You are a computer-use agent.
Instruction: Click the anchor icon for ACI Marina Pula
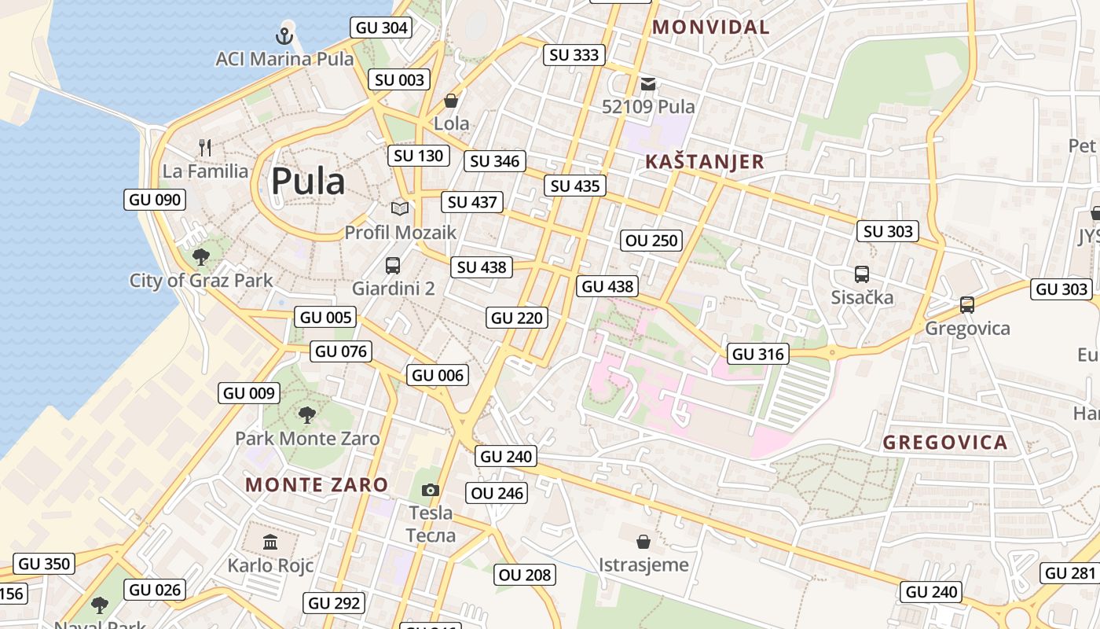tap(284, 35)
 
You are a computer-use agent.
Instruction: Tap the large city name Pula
tap(308, 182)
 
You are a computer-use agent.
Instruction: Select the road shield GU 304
tap(382, 28)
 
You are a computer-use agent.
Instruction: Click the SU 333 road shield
tap(575, 55)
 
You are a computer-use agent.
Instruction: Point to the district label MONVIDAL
tap(711, 27)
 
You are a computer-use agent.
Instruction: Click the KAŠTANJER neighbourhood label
tap(704, 162)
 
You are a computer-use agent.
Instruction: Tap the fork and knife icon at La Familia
tap(205, 148)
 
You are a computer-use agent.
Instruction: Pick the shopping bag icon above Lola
tap(451, 101)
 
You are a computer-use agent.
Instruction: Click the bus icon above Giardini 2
tap(393, 266)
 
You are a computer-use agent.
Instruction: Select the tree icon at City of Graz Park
tap(201, 256)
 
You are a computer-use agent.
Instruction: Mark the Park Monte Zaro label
tap(307, 438)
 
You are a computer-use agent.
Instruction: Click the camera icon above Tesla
tap(430, 491)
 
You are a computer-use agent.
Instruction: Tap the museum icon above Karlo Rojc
tap(270, 542)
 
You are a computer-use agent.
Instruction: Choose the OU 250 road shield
tap(651, 241)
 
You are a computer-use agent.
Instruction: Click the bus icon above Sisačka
tap(862, 274)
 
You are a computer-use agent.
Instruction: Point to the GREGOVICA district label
tap(945, 442)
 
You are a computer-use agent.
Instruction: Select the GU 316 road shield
tap(758, 355)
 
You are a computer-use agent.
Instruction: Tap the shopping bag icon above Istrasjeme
tap(643, 542)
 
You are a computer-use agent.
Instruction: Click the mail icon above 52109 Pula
tap(648, 83)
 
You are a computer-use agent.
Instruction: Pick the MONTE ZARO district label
tap(317, 484)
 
